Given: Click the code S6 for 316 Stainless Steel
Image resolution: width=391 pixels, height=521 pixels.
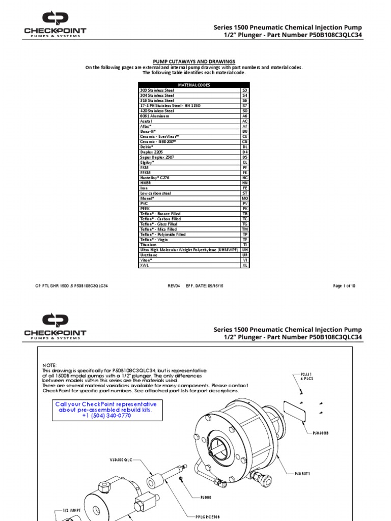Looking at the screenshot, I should pyautogui.click(x=245, y=100).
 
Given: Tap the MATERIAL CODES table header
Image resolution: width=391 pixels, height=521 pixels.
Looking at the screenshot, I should pyautogui.click(x=193, y=85).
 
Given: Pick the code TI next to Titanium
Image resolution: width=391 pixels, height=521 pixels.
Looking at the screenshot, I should pyautogui.click(x=245, y=245).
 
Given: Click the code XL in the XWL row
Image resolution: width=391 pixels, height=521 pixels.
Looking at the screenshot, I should pyautogui.click(x=245, y=266).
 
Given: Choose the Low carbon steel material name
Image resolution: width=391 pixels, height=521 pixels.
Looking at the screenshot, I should pyautogui.click(x=155, y=193).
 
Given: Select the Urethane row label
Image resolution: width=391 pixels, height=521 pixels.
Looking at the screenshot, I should pyautogui.click(x=149, y=255).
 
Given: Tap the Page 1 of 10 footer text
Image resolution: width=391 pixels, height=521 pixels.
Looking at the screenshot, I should pyautogui.click(x=344, y=286).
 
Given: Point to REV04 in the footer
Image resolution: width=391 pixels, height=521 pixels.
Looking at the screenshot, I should pyautogui.click(x=174, y=286).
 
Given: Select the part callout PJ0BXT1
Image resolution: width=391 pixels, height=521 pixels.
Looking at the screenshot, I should pyautogui.click(x=302, y=473).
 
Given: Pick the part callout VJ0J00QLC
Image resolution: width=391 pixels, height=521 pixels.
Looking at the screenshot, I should pyautogui.click(x=121, y=459).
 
